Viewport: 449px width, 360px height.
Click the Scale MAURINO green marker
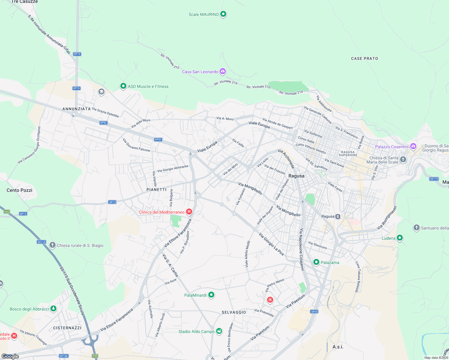223,14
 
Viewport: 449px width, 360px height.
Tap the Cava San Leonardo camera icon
222,71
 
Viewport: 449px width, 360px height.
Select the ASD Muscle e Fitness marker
123,86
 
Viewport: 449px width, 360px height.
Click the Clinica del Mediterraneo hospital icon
189,212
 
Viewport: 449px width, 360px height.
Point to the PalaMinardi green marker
211,295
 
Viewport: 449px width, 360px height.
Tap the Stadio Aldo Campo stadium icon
219,331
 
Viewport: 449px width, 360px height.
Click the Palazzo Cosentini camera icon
413,146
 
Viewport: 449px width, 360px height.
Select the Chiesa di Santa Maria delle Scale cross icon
403,159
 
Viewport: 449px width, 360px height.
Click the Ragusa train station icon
338,216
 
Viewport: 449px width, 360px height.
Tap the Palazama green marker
316,262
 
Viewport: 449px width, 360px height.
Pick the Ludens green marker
399,238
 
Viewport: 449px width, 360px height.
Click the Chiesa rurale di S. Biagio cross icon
53,245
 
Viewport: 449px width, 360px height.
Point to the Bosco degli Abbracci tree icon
53,308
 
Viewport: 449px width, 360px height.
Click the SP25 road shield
314,312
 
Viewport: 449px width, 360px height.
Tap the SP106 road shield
64,356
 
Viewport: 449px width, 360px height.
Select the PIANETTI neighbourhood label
156,190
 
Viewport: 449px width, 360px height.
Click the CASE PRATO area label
364,58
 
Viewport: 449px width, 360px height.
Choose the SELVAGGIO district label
234,312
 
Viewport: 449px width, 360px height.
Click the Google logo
10,356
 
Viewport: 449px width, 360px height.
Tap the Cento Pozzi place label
20,190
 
